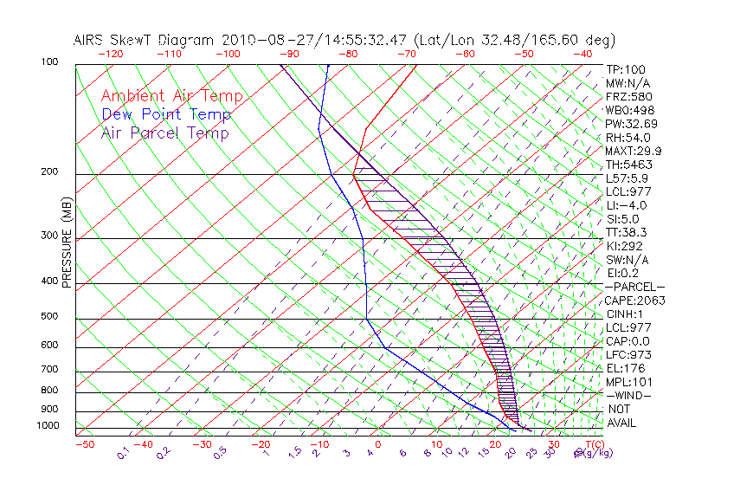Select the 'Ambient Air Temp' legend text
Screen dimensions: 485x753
[171, 96]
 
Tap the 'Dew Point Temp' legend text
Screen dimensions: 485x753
[165, 114]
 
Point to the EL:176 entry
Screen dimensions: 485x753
[625, 368]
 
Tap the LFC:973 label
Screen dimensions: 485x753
[627, 355]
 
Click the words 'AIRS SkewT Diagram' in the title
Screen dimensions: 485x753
[145, 40]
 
